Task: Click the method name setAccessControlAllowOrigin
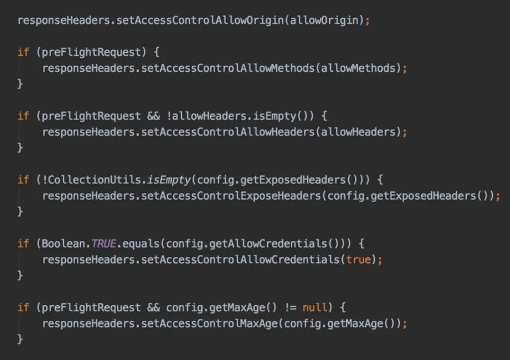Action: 200,20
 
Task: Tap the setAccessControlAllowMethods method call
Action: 228,68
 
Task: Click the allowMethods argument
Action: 358,68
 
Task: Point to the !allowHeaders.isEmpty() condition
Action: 240,116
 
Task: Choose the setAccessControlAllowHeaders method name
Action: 228,132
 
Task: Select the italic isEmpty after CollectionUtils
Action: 169,180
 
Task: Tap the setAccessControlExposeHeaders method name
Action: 231,196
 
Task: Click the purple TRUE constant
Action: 104,243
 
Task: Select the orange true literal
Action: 358,259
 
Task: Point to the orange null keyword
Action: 315,307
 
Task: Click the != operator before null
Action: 290,308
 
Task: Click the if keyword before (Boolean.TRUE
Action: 23,243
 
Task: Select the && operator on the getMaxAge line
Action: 153,308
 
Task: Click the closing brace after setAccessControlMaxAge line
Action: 20,339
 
